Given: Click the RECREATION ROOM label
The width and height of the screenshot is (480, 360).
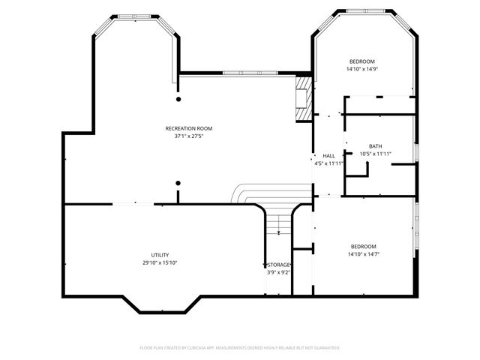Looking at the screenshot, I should (184, 128).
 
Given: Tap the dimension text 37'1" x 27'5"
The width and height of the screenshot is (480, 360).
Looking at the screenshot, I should (184, 136).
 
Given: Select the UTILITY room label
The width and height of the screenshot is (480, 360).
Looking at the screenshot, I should (160, 254).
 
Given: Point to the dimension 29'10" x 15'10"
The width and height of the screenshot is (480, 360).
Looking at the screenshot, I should (160, 262).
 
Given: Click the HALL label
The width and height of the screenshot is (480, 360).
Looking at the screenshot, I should (328, 155).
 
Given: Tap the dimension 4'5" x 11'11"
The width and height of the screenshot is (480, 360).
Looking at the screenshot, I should (328, 163).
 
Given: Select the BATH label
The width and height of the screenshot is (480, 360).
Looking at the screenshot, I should (375, 145).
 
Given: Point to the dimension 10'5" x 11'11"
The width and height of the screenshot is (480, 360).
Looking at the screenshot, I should (376, 154).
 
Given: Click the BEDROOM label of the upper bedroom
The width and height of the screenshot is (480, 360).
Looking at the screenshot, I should (361, 61).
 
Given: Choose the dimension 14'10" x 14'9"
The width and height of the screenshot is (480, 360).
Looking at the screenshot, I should (361, 69).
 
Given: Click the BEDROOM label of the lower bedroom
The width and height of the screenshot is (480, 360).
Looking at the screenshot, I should (363, 246).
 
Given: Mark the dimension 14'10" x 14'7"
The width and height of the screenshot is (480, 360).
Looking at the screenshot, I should (363, 254).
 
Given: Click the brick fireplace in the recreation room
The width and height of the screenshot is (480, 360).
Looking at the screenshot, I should (303, 97).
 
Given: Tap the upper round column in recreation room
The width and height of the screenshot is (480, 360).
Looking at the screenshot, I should (178, 98).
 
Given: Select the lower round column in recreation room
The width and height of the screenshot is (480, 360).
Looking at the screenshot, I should (178, 182).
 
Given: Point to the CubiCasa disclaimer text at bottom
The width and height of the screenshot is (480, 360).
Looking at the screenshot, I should (240, 348).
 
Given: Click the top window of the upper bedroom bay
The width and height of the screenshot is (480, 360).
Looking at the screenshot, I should (367, 10).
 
